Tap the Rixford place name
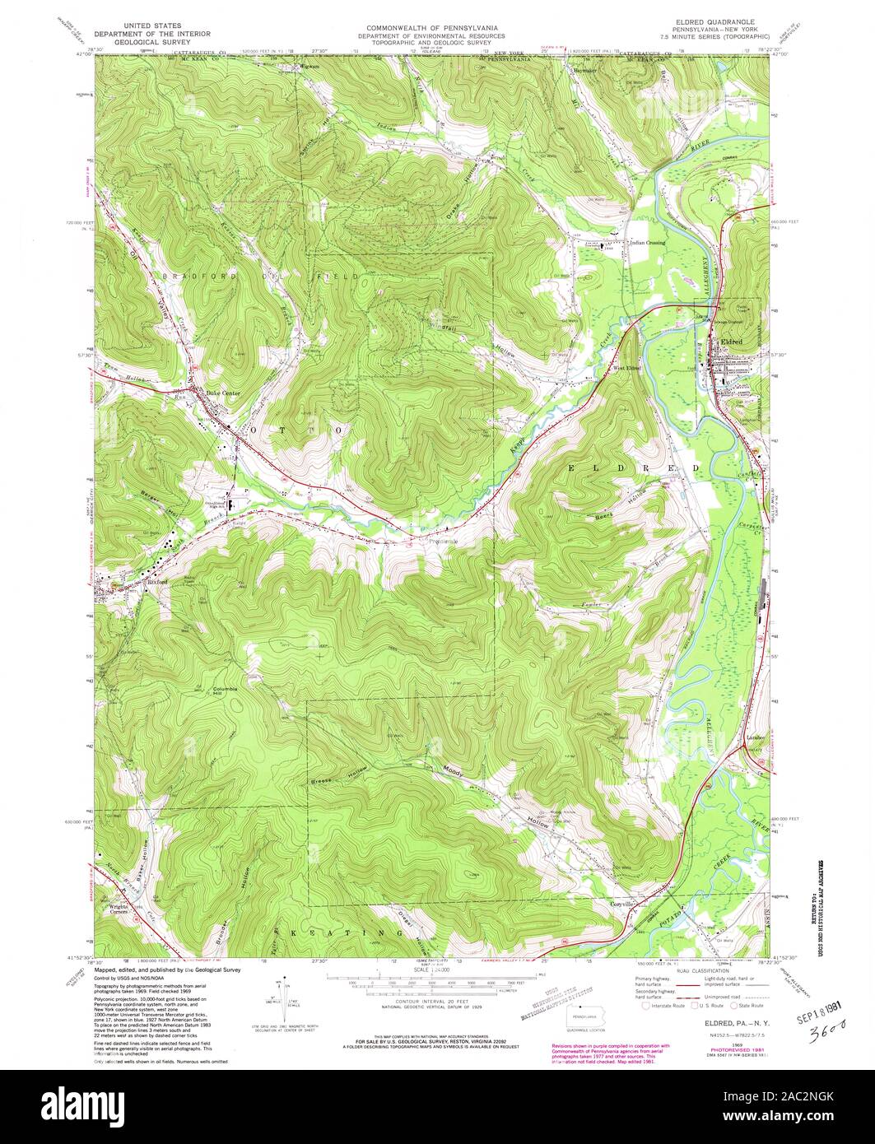pyautogui.click(x=156, y=582)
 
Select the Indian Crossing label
pyautogui.click(x=647, y=243)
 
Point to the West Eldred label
pyautogui.click(x=627, y=368)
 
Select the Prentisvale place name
pyautogui.click(x=445, y=542)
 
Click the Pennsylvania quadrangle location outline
pyautogui.click(x=585, y=1016)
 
